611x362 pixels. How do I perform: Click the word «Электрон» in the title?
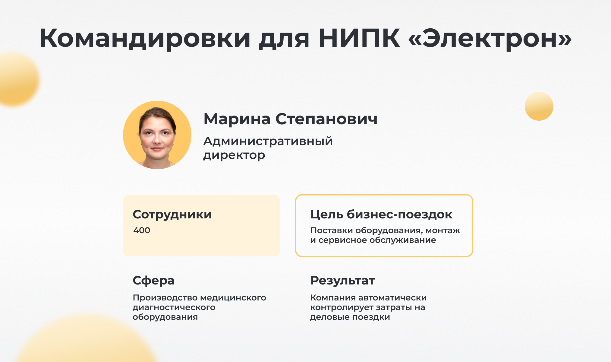click(x=490, y=38)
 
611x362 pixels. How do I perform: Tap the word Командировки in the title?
click(x=145, y=38)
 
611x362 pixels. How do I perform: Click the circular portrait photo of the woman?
click(x=157, y=135)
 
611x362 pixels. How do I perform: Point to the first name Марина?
click(x=237, y=119)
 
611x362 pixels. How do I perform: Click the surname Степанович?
click(x=326, y=119)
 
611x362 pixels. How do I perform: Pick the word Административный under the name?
click(x=268, y=141)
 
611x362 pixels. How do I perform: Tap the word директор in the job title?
click(x=234, y=155)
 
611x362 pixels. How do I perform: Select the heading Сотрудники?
click(x=172, y=214)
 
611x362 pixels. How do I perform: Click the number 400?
click(x=142, y=230)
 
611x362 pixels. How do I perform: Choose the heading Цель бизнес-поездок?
click(x=381, y=214)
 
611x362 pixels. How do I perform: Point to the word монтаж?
click(x=443, y=230)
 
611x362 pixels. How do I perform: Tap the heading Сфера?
click(x=153, y=281)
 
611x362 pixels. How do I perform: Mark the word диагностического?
click(x=174, y=307)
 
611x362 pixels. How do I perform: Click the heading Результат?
click(x=343, y=281)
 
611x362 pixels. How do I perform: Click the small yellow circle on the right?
click(x=539, y=106)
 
